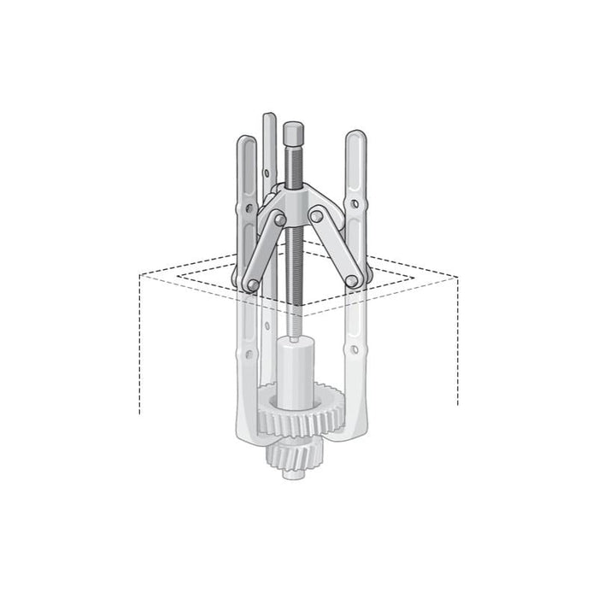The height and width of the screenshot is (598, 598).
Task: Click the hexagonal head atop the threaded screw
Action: pos(291,133)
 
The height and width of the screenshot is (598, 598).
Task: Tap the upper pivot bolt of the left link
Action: pos(279,220)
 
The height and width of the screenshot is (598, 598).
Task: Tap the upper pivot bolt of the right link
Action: pos(317,216)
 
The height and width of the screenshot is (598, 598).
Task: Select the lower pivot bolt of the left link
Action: pos(252,284)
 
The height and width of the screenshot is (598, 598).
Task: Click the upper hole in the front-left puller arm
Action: pos(247,208)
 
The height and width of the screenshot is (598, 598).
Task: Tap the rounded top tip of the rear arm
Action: pos(270,117)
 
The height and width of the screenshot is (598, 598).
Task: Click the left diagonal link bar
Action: pos(266,251)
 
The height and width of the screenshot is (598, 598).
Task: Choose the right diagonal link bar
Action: pos(334,248)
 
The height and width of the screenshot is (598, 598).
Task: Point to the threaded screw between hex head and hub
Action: pos(292,167)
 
